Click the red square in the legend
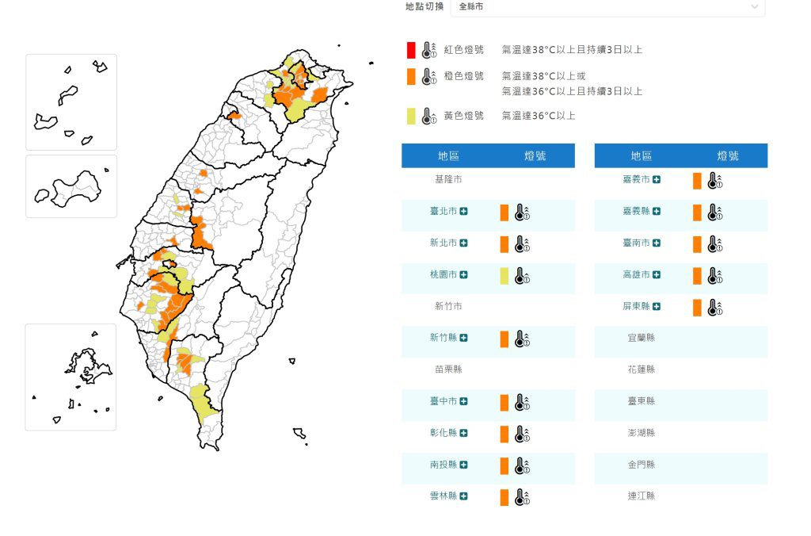point(411,50)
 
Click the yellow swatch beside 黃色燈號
point(411,116)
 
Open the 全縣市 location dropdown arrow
point(754,7)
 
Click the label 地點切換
point(424,6)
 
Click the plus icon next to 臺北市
point(463,212)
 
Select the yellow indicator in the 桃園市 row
point(504,276)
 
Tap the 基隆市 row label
point(447,180)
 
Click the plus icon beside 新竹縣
point(463,338)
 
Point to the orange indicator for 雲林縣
point(504,497)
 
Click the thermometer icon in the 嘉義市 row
point(714,181)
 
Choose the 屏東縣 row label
point(636,307)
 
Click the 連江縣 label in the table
point(642,496)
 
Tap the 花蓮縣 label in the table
point(642,369)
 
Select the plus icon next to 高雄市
point(657,275)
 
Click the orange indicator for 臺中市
point(504,402)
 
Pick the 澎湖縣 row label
point(642,433)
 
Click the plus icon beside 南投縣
point(463,465)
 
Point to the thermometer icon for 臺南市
point(714,244)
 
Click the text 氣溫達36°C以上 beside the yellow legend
point(539,116)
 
